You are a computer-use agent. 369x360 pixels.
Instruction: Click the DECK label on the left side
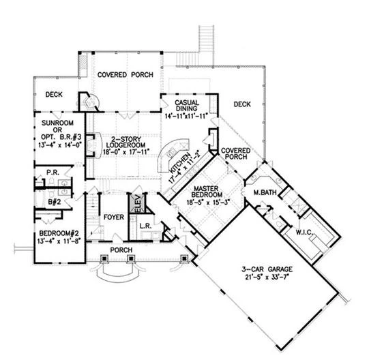tap(54, 95)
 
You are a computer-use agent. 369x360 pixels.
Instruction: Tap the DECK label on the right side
tap(242, 104)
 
